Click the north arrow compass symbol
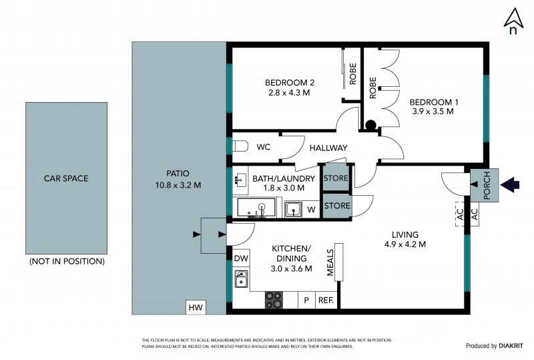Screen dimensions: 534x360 [513, 21]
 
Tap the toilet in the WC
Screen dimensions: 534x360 [240, 146]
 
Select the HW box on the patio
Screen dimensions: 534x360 [196, 307]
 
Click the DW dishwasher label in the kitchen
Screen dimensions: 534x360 [241, 258]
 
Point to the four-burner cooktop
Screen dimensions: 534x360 [274, 300]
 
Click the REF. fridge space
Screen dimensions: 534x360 [326, 301]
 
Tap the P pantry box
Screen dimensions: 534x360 [306, 301]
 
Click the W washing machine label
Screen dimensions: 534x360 [311, 209]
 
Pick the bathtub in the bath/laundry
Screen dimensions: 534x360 [256, 208]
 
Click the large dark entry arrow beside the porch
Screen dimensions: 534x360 [510, 185]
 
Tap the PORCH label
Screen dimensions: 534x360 [487, 186]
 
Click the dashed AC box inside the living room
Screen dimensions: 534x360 [460, 214]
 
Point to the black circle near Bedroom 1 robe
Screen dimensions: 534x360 [370, 125]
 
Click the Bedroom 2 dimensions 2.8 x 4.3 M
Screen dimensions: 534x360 [289, 92]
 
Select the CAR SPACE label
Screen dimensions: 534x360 [66, 178]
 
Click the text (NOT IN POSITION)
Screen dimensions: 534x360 [67, 261]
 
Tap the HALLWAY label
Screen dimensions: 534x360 [328, 148]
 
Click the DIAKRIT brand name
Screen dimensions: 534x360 [511, 346]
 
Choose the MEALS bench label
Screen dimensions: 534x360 [330, 262]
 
